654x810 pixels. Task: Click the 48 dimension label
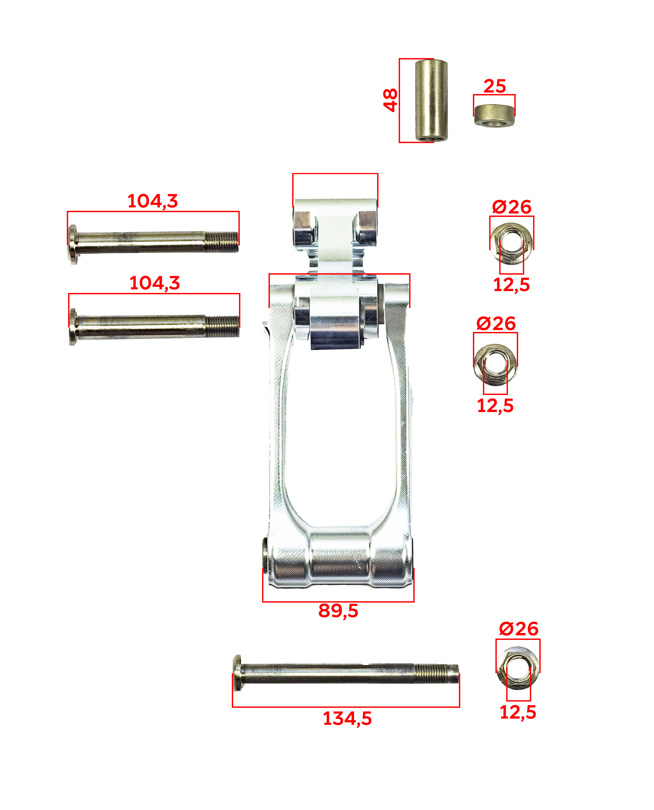pyautogui.click(x=390, y=100)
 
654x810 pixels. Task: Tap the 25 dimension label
pyautogui.click(x=495, y=86)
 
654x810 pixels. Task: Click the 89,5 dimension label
pyautogui.click(x=338, y=611)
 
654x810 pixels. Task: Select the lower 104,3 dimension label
pyautogui.click(x=154, y=283)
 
